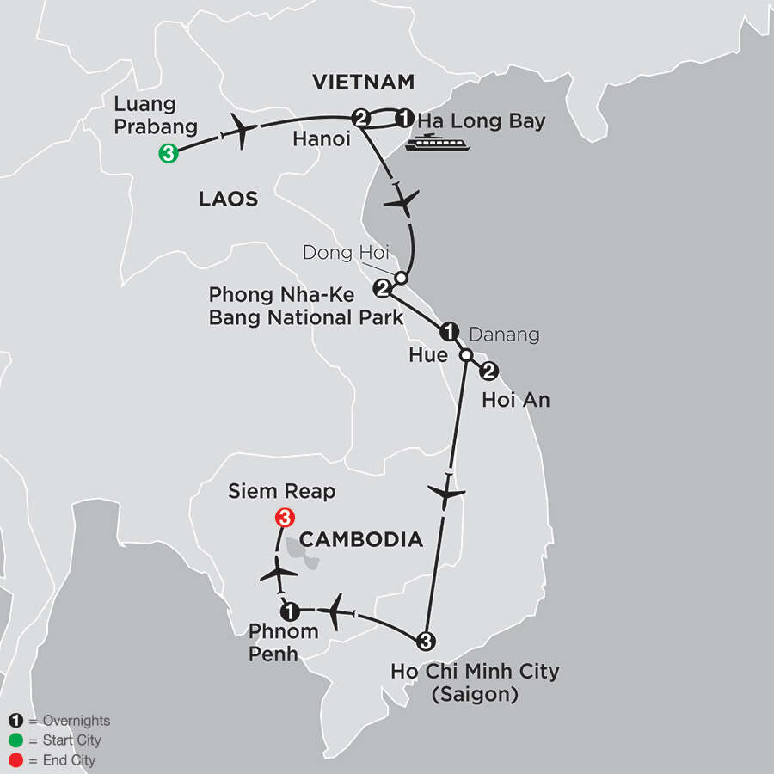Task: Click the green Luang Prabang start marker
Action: (x=168, y=153)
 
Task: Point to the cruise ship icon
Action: (x=439, y=144)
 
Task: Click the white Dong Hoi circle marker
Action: (x=400, y=278)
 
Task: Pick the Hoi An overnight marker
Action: (x=488, y=372)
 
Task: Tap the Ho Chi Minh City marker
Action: (x=423, y=640)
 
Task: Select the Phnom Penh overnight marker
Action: (x=290, y=611)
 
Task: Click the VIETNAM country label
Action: (x=363, y=83)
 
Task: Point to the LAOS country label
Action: (x=228, y=200)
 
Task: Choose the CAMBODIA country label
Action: (x=362, y=539)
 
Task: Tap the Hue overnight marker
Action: (x=448, y=331)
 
